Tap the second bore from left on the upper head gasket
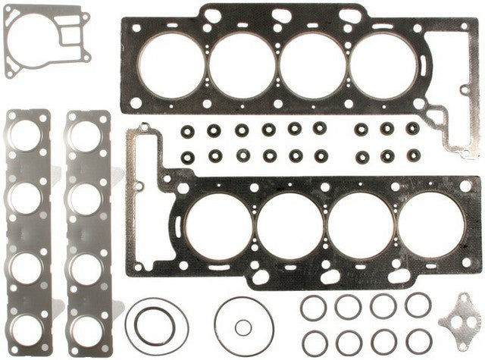(242, 65)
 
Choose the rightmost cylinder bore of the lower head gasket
(430, 225)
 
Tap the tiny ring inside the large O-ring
(242, 327)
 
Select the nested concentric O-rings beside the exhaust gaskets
(158, 327)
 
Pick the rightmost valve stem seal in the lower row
(413, 155)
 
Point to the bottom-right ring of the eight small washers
(418, 341)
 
